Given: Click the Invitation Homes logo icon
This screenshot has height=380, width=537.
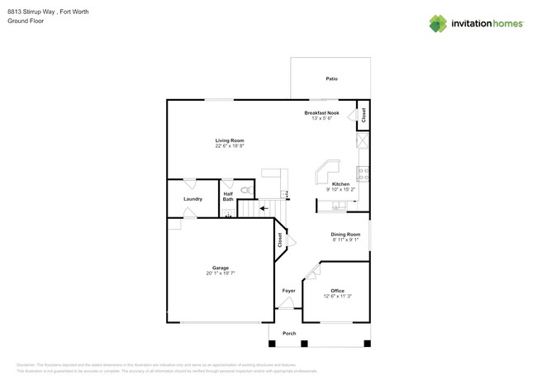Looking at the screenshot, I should click(438, 24).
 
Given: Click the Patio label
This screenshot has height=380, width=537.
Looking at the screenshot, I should click(331, 78).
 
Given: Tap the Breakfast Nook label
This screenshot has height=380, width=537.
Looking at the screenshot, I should click(321, 112).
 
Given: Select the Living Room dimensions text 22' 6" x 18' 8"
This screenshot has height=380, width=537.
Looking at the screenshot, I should click(230, 146).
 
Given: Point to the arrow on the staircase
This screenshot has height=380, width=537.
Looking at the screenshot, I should click(264, 208).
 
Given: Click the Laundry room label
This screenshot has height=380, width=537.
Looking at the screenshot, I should click(192, 199).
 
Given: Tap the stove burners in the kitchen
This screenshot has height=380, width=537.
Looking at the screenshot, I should click(363, 173).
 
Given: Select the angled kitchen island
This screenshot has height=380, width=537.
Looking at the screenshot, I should click(325, 172).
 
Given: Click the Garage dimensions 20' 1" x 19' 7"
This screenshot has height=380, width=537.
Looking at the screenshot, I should click(220, 273).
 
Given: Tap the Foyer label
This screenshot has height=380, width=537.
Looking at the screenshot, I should click(288, 291).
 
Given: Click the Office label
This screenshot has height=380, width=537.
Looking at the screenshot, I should click(337, 291).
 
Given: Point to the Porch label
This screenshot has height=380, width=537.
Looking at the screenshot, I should click(289, 334).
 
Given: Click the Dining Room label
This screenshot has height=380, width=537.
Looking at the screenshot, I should click(345, 234).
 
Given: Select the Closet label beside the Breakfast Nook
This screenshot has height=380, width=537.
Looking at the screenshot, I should click(364, 116).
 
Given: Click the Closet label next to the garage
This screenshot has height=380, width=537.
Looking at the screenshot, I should click(280, 240).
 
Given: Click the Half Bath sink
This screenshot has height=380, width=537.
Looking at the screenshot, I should click(229, 213).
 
